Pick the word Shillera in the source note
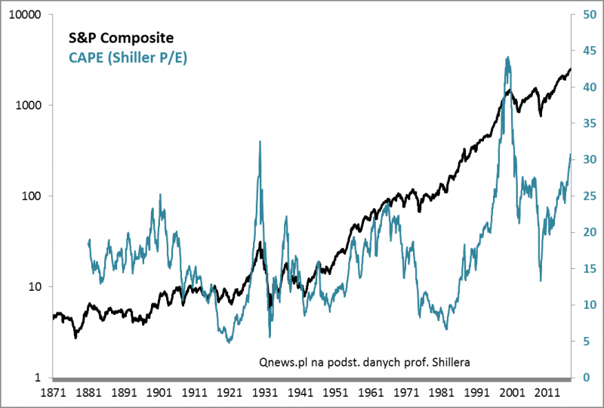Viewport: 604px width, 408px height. pyautogui.click(x=449, y=362)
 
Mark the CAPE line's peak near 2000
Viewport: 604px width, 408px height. pyautogui.click(x=507, y=57)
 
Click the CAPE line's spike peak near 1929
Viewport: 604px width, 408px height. pyautogui.click(x=260, y=141)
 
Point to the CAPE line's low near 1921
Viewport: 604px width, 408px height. pyautogui.click(x=229, y=342)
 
